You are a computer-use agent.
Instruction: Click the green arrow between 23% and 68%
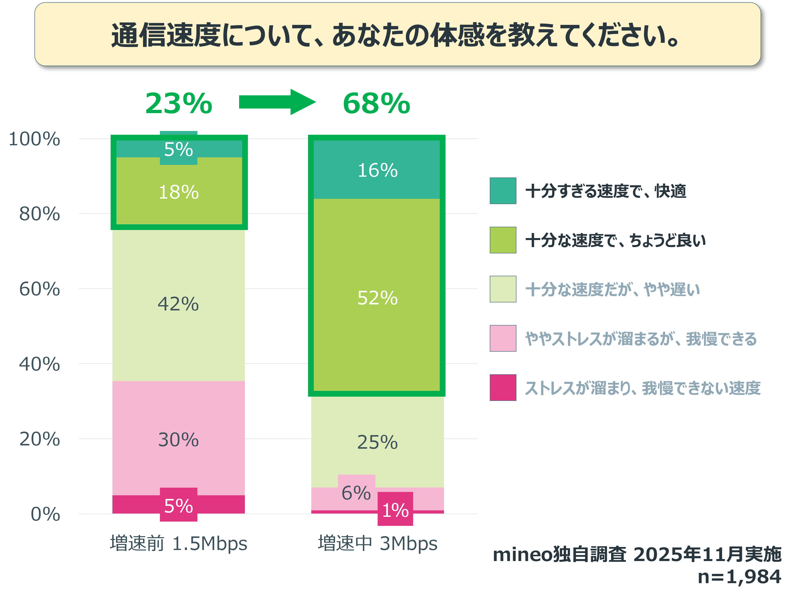(x=277, y=102)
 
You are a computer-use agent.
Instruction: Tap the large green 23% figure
(x=179, y=104)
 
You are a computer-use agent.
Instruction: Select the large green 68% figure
(x=376, y=104)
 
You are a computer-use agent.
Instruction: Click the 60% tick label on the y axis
(x=39, y=289)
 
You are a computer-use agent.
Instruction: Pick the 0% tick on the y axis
(x=45, y=514)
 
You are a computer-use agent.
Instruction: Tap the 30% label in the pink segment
(x=178, y=440)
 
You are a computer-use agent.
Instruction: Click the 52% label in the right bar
(x=377, y=298)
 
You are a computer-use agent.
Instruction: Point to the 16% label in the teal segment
(x=377, y=170)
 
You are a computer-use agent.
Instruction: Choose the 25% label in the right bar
(x=377, y=442)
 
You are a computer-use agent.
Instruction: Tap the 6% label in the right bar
(x=356, y=493)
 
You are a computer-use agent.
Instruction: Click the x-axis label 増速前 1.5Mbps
(x=178, y=543)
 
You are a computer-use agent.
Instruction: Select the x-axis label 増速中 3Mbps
(x=377, y=543)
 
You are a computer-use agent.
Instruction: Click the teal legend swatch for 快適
(x=503, y=191)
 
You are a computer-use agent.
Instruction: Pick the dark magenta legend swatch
(x=503, y=388)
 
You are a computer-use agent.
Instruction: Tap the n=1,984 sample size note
(x=739, y=577)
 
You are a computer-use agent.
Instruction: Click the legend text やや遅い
(x=612, y=289)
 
